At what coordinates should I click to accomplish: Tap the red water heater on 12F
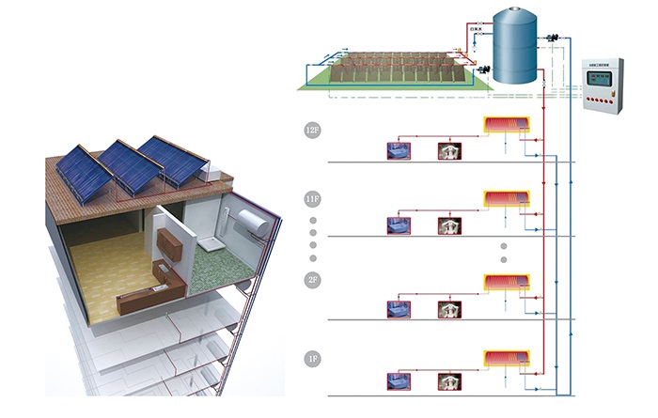tap(506, 124)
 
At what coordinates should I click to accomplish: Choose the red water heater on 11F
tap(506, 198)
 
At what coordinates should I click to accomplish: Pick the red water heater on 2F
tap(506, 281)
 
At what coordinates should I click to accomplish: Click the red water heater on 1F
tap(506, 359)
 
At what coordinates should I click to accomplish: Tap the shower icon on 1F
tap(449, 381)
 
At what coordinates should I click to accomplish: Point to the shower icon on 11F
tap(449, 224)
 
